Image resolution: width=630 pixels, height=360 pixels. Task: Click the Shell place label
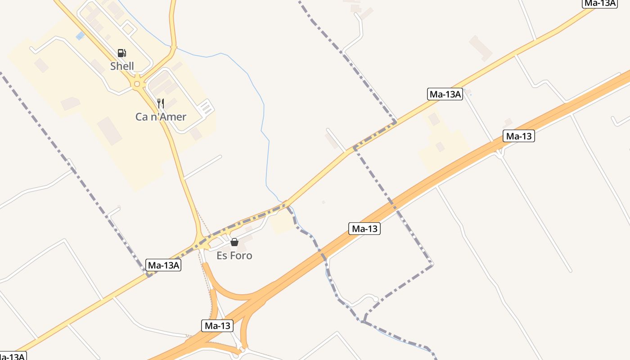coord(122,66)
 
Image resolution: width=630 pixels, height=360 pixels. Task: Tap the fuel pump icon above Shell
coord(121,53)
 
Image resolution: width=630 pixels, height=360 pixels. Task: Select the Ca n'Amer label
coord(161,117)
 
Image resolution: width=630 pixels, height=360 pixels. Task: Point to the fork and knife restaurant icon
coord(160,103)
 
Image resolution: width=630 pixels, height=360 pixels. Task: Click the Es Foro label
coord(234,256)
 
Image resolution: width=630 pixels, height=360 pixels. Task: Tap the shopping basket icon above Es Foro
coord(234,242)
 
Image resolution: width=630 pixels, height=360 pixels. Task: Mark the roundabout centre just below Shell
coord(137,84)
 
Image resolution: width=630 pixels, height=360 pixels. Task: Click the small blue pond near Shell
coord(80,36)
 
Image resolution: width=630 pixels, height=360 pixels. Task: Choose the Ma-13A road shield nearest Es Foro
coord(164,265)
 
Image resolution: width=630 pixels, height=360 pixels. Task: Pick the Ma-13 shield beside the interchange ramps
coord(218,326)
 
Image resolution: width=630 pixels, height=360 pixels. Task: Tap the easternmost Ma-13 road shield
coord(519,136)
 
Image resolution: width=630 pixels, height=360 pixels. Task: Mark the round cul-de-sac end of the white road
coord(375,298)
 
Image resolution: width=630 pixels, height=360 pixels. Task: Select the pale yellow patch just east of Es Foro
coord(283,222)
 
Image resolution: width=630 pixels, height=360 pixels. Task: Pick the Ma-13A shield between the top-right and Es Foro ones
coord(445,94)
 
